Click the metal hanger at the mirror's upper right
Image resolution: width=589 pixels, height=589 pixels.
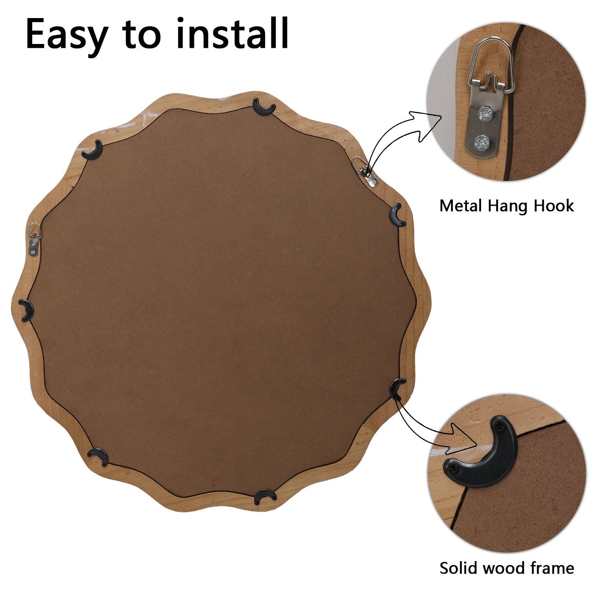click(x=367, y=172)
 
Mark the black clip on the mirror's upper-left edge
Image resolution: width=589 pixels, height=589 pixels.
click(x=93, y=150)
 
